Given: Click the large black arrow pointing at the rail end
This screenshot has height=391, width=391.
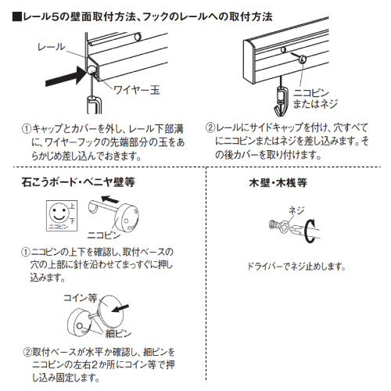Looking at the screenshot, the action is pos(65,76).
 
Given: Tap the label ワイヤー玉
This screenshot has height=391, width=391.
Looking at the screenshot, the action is pos(137,90).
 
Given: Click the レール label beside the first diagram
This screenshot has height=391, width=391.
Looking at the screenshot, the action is pos(51,47).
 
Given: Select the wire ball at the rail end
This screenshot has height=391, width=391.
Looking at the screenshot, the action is pos(91,70).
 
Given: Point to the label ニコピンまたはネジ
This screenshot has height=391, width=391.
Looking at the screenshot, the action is pos(315,99).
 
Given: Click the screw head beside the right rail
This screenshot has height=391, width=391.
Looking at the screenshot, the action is pos(303,59).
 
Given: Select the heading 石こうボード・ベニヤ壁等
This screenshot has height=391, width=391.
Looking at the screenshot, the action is pos(78,182).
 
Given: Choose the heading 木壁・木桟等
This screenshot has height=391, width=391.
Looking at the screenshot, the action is pos(278,182).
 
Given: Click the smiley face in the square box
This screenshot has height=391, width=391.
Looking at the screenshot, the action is pos(59,213).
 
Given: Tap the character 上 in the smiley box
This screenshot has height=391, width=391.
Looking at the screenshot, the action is pos(72,206).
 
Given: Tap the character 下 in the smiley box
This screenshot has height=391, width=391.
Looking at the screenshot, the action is pos(72,221).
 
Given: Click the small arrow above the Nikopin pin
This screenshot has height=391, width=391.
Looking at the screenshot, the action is pos(110,199).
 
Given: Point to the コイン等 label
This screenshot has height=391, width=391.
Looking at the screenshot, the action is pos(81,298).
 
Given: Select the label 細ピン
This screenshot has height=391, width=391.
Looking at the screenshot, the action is pos(118,333).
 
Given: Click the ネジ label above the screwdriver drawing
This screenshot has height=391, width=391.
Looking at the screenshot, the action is pos(296,210).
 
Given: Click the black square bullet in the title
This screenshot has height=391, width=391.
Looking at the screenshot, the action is pos(17,17).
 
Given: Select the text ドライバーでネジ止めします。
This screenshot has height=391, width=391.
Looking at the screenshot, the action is pos(296,267).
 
